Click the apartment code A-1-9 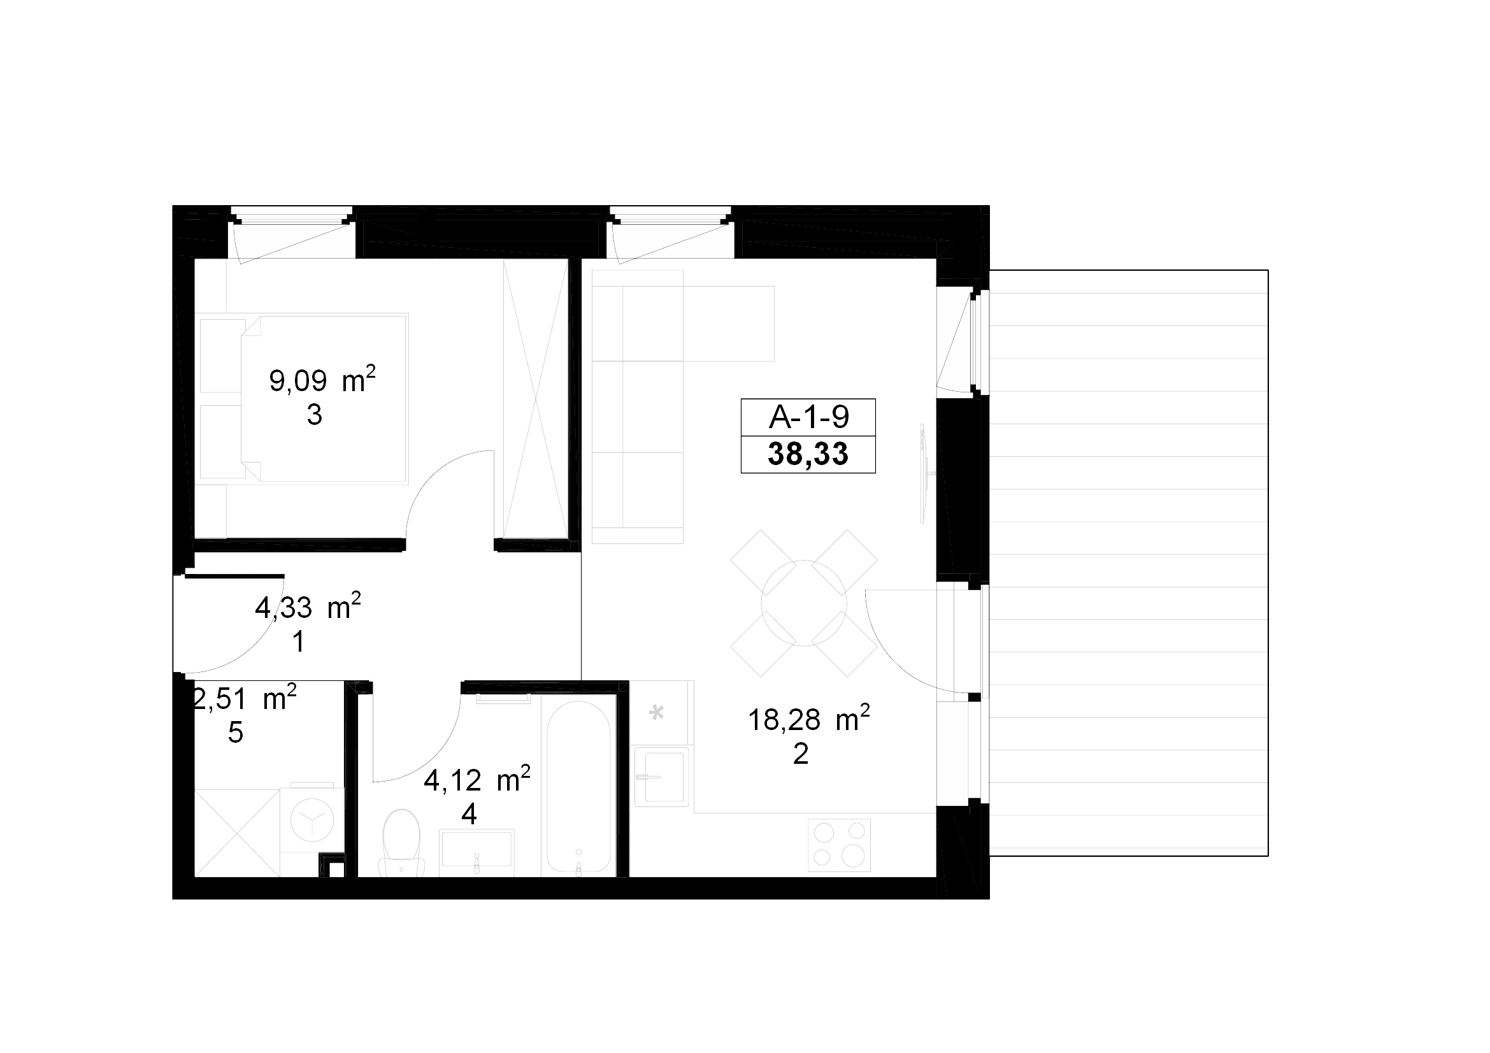(808, 417)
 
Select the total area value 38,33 (808, 454)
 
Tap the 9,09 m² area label (322, 380)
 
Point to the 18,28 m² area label (808, 719)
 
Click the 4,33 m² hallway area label (308, 607)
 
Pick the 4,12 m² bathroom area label (477, 780)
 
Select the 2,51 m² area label (245, 699)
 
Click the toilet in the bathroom (402, 843)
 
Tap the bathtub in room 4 (578, 787)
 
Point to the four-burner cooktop (839, 845)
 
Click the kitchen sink (661, 777)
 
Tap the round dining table (803, 603)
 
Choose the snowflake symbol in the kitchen (657, 713)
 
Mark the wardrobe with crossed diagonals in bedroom (536, 398)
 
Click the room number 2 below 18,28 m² (800, 754)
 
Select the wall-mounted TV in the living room (924, 473)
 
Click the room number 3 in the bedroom (315, 415)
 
